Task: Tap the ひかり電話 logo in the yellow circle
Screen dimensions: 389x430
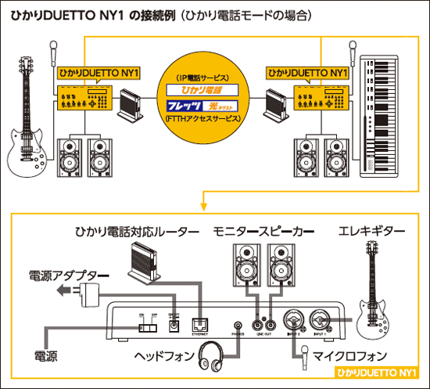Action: tap(202, 90)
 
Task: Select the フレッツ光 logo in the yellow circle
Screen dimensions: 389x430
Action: tap(202, 106)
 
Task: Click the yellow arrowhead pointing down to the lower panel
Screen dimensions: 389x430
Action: tap(202, 206)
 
